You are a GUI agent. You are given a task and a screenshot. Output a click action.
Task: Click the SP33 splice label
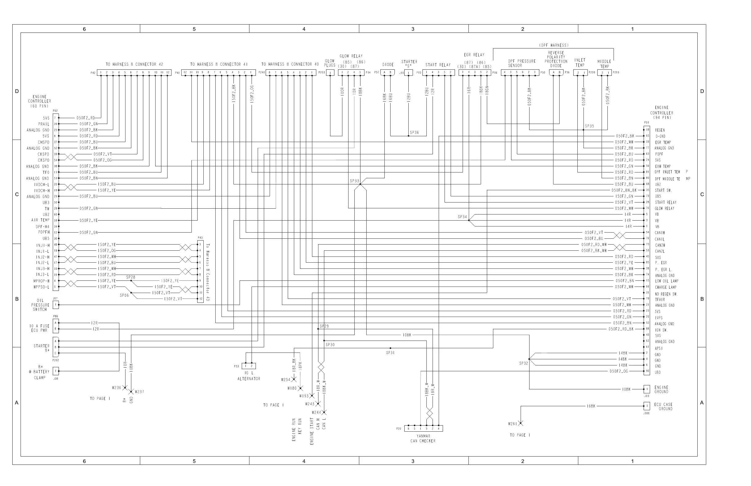pos(354,181)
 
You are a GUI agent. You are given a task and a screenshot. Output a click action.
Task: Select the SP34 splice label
pos(462,217)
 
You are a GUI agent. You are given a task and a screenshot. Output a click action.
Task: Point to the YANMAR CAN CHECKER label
pos(423,439)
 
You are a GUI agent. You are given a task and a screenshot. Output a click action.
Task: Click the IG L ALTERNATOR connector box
pos(249,366)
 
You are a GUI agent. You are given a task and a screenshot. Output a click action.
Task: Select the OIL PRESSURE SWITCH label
pos(40,305)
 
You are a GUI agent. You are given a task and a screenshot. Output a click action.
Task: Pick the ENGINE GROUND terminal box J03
pos(647,389)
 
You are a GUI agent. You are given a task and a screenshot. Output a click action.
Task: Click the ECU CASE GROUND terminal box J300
pos(647,406)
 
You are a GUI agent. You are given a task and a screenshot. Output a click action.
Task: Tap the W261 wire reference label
pos(512,424)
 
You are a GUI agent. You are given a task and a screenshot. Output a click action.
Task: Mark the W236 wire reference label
pos(117,388)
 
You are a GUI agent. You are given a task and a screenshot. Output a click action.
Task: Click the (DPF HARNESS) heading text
pos(554,45)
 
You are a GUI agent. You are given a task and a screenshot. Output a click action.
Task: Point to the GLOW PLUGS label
pos(330,63)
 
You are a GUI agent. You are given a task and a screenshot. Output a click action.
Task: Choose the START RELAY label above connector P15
pos(438,65)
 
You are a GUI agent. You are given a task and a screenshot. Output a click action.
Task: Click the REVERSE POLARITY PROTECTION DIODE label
pos(556,59)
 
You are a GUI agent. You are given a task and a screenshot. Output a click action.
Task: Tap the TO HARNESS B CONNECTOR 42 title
pos(134,64)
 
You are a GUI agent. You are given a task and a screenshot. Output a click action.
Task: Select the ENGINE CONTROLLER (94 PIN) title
pos(661,113)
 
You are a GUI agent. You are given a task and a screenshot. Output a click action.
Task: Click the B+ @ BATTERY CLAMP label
pos(40,372)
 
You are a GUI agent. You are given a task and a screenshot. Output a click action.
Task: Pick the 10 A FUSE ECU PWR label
pos(40,328)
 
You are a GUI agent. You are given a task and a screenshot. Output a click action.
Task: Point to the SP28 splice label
pos(131,277)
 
